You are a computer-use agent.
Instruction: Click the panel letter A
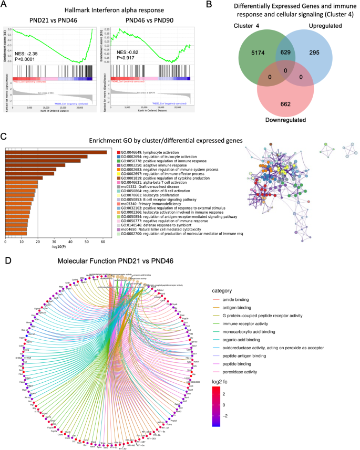click(x=5, y=5)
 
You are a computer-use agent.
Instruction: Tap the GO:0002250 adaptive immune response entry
click(x=150, y=165)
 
